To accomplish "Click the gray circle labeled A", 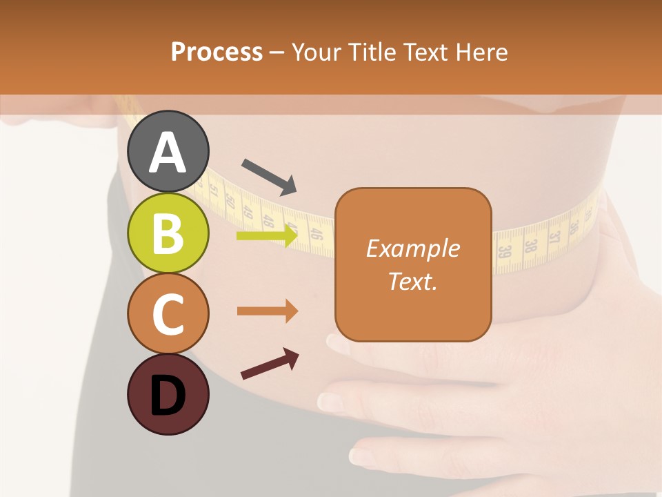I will point(168,151).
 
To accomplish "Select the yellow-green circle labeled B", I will point(168,233).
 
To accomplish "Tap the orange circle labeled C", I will point(168,313).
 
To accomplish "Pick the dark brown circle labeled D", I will point(168,394).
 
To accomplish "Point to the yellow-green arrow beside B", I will point(267,236).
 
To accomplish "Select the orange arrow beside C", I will point(267,311).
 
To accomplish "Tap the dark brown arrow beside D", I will point(270,364).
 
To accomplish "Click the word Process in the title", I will point(217,52).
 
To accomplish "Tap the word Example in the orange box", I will point(412,248).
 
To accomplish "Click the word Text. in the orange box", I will point(412,281).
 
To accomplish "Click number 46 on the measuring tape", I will point(317,233).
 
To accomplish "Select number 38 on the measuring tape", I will point(530,245).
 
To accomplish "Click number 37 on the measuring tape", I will point(554,237).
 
